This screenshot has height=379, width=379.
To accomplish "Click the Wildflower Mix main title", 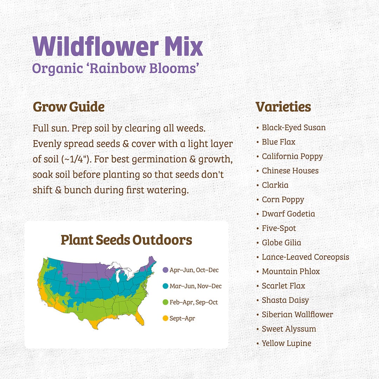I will tap(118, 46).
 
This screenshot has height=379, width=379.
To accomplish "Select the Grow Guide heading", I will tap(68, 107).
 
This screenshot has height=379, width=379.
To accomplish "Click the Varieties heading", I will tap(283, 107).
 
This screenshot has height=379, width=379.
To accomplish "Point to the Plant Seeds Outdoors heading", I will tap(126, 240).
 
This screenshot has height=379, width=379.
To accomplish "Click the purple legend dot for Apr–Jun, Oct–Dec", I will tap(165, 270).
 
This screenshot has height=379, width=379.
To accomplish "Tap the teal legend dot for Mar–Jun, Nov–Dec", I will tap(165, 286).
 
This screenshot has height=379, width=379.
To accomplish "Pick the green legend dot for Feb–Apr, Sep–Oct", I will tap(165, 302).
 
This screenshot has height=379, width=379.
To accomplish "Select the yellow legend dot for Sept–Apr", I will tap(165, 318).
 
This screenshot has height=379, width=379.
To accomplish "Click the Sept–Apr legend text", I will tap(182, 319).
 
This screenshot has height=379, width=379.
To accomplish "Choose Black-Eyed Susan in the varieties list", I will tap(294, 128).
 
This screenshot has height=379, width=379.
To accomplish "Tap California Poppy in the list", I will tap(292, 157).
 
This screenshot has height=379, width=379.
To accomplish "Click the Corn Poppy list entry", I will tap(283, 200).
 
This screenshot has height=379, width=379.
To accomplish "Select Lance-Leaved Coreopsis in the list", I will tap(305, 257).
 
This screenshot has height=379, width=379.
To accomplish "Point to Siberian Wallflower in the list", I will tap(297, 315).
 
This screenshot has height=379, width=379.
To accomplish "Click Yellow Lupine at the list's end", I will tap(286, 344).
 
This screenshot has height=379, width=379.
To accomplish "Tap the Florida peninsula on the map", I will tap(140, 319).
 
